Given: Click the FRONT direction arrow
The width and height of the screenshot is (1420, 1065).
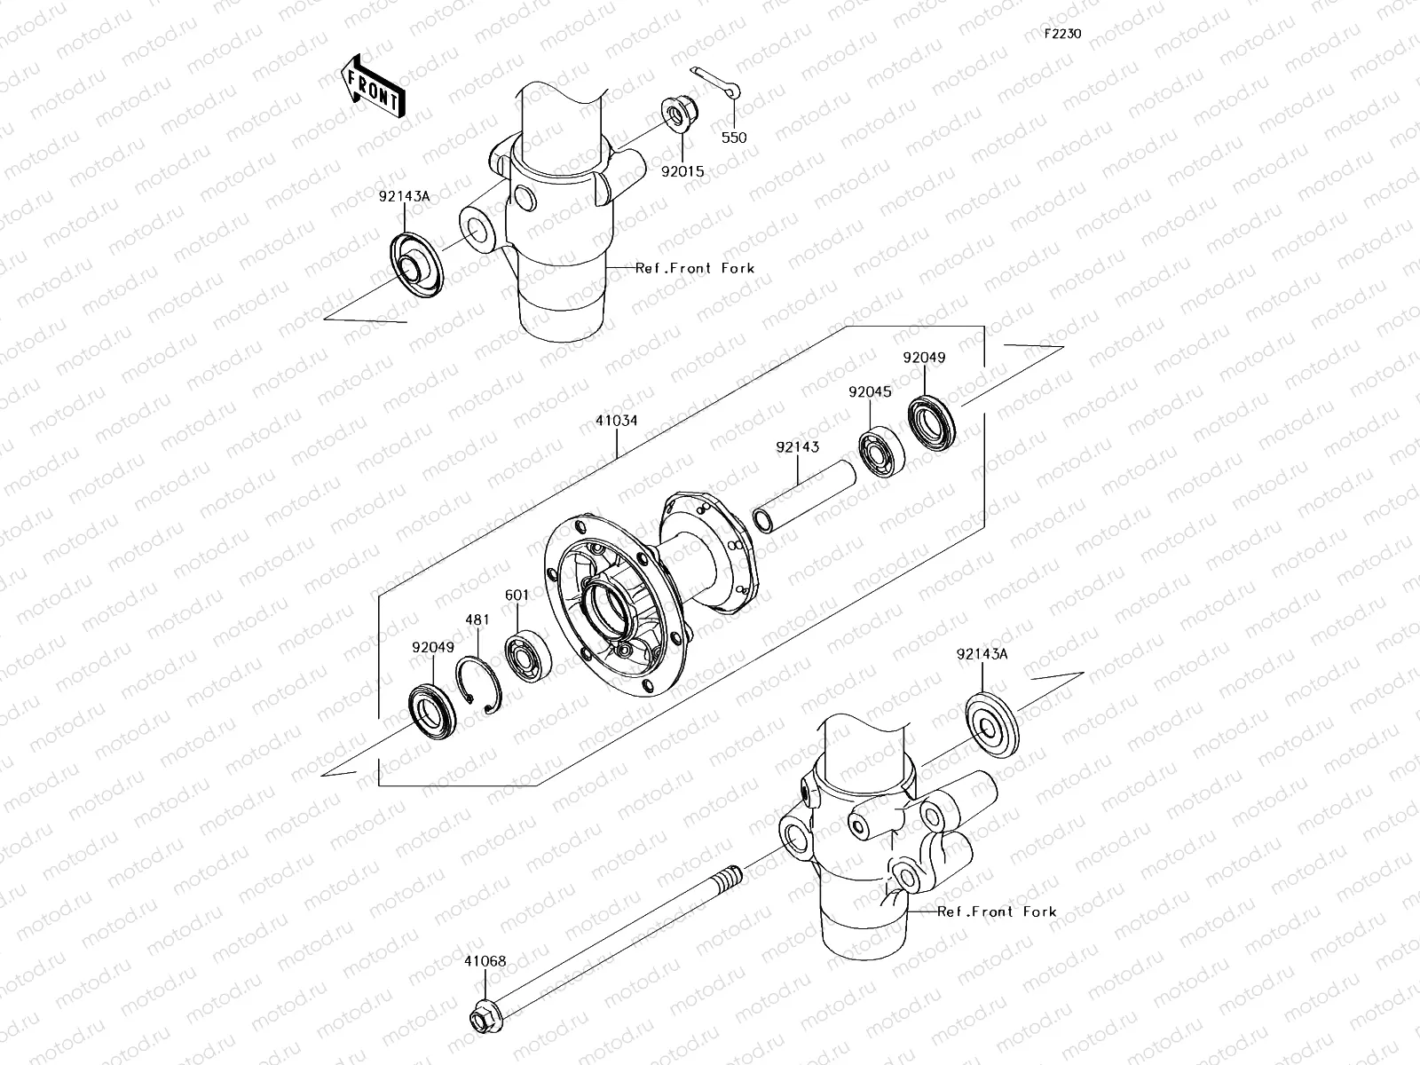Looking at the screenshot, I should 372,87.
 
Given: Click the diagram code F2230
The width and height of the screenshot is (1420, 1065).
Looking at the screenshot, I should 1061,34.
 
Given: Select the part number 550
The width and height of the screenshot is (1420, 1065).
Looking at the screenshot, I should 733,138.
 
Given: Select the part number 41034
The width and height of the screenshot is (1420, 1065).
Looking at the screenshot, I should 616,421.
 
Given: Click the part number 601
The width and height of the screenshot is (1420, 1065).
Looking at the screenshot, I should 517,595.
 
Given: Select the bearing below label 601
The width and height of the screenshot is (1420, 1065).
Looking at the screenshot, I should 529,657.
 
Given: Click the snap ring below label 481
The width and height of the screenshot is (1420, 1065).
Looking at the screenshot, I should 480,685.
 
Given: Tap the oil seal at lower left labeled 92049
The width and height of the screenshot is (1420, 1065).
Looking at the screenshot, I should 433,712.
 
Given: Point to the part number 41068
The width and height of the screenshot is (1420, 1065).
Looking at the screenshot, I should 485,960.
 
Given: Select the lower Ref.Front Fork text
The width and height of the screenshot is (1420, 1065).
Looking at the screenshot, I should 997,911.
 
